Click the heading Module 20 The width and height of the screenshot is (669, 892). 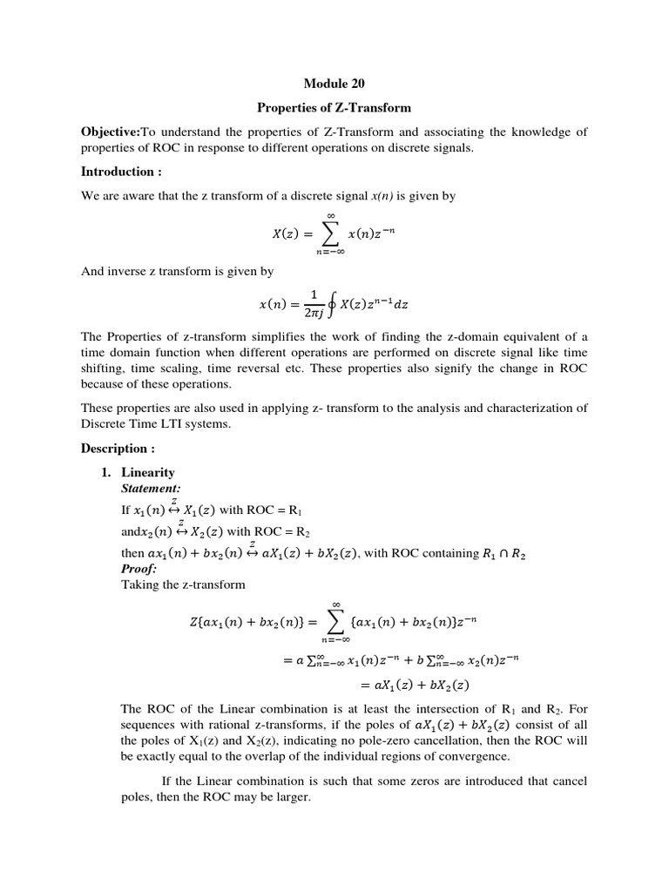click(x=334, y=84)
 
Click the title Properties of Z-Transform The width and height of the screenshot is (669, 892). click(x=334, y=108)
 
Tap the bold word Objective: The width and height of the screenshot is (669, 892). click(x=111, y=132)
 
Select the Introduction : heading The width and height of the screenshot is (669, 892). click(x=122, y=172)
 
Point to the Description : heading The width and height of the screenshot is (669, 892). click(x=118, y=449)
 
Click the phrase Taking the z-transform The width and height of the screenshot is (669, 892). click(x=183, y=585)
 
